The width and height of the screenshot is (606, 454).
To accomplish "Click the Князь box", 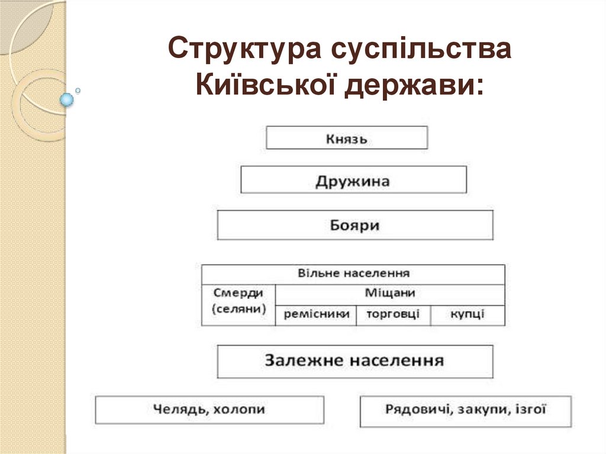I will (346, 138).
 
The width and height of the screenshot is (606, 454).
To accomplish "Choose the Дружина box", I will (353, 180).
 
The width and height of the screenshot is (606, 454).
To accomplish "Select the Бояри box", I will (355, 225).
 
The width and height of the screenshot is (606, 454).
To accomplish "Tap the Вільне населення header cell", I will (353, 274).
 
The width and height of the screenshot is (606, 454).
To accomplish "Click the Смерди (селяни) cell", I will (238, 301).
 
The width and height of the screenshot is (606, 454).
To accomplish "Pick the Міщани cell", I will (389, 293).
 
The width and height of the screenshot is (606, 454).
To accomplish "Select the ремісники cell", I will (316, 314).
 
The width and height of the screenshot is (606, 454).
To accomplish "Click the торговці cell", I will (393, 314).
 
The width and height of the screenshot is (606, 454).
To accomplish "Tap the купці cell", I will (467, 314).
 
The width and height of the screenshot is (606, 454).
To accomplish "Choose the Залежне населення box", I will (355, 361).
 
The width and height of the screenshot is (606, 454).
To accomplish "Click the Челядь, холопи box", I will (209, 410).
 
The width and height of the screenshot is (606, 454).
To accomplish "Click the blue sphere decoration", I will (67, 99).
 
